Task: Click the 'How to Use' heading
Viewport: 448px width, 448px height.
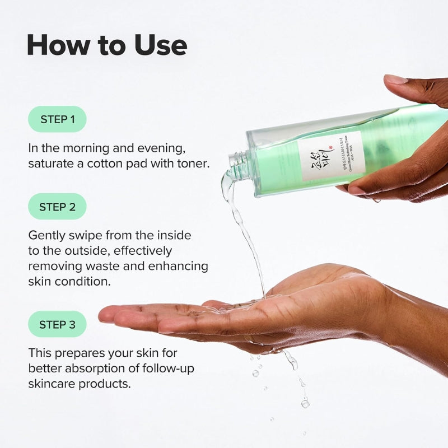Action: (106, 45)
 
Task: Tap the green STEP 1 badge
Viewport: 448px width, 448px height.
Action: (57, 119)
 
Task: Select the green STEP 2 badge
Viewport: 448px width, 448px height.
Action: (57, 207)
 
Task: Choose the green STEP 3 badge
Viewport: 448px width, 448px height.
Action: (57, 324)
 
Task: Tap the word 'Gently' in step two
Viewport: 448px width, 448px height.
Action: (46, 236)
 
